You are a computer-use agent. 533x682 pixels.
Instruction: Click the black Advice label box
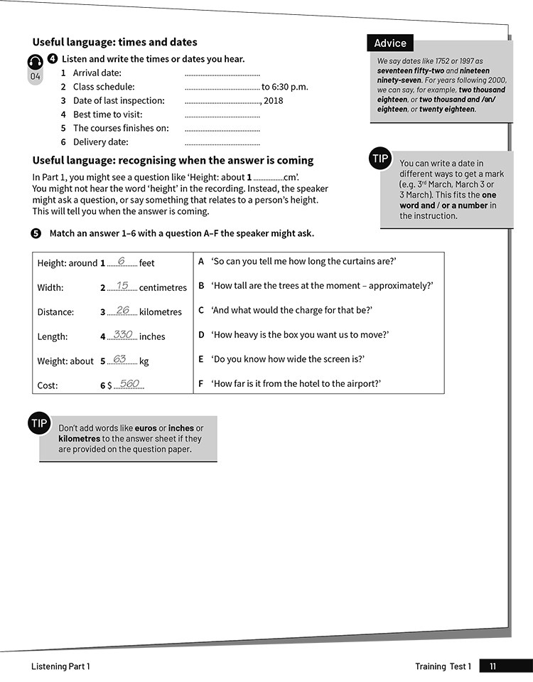(390, 43)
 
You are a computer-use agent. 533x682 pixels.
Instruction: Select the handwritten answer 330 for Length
(123, 334)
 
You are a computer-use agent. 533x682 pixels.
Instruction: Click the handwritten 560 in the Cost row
(129, 384)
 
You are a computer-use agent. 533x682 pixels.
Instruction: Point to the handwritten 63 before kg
(120, 359)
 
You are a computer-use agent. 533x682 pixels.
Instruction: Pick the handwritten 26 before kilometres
(123, 310)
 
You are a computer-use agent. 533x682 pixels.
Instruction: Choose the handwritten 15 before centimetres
(122, 286)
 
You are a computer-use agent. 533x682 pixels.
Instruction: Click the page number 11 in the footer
(493, 666)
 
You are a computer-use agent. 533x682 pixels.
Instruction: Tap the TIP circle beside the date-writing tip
(381, 159)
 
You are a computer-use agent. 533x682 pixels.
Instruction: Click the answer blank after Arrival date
(222, 74)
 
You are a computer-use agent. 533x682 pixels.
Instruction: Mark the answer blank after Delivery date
(222, 143)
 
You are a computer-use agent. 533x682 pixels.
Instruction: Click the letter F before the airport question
(201, 383)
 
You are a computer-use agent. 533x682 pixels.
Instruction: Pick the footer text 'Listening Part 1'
(60, 666)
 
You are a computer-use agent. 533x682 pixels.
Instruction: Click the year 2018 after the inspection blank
(273, 101)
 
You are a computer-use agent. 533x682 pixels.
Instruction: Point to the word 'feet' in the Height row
(146, 263)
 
